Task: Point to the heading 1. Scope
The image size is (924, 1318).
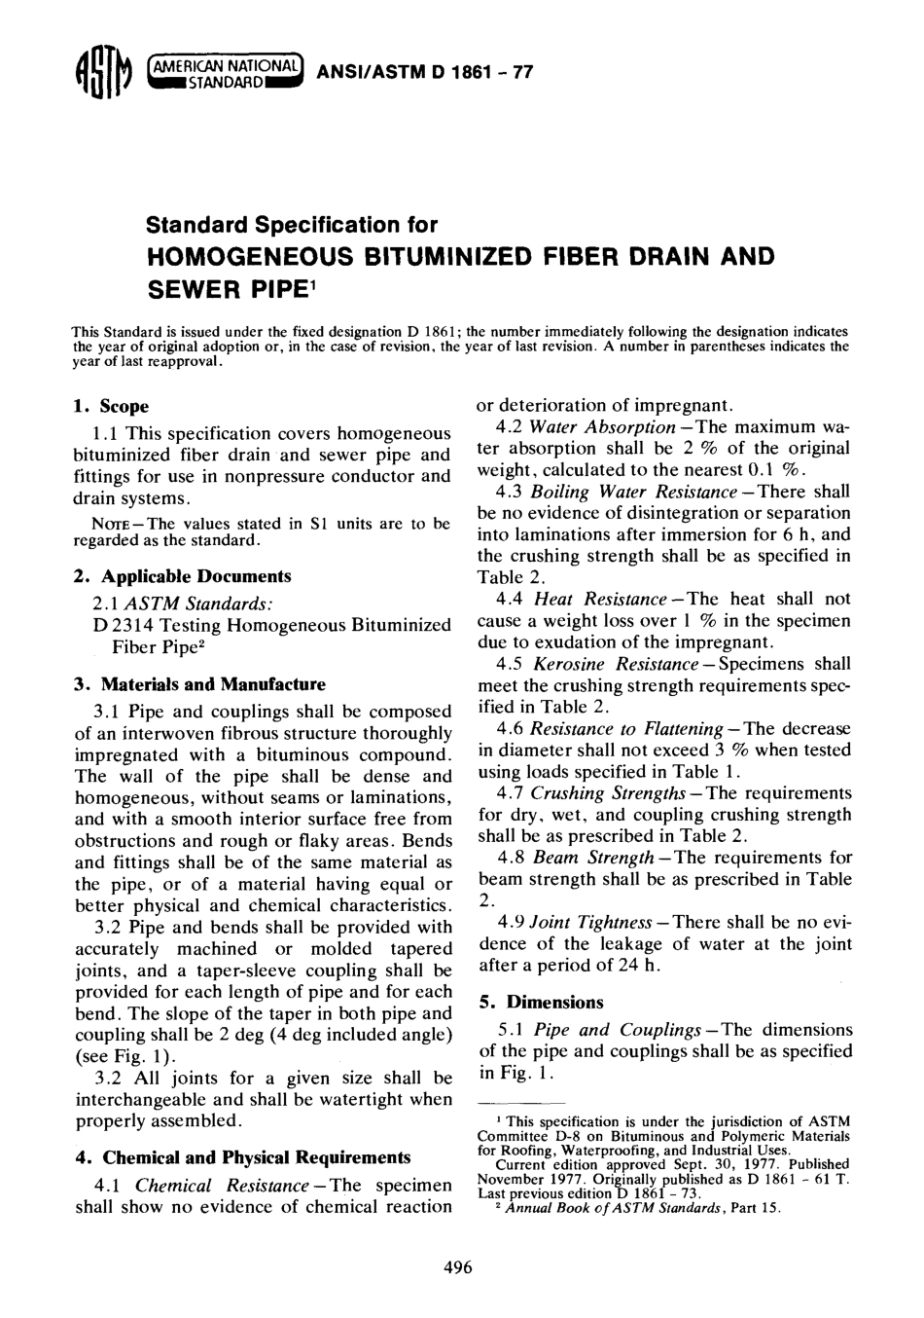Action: (x=112, y=406)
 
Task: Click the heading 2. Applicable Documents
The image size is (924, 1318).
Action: (x=183, y=576)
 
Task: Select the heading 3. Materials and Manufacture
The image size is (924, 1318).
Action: (x=200, y=683)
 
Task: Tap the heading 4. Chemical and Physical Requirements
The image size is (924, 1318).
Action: (x=243, y=1157)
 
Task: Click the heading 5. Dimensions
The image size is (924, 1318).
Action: (x=541, y=1002)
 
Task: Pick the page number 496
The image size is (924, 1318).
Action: (x=457, y=1267)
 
